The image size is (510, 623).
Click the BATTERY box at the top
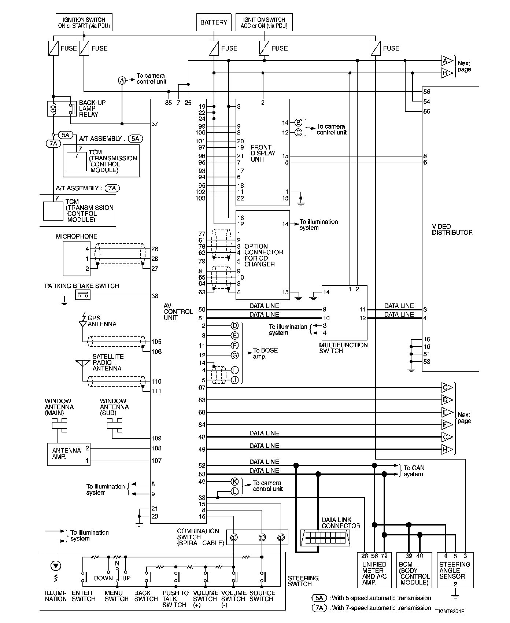214,22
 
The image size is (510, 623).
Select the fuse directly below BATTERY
214,48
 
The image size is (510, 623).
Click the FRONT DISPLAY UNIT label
263,153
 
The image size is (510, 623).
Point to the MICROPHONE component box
77,258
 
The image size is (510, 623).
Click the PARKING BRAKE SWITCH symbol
83,294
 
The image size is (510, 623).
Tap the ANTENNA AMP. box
69,454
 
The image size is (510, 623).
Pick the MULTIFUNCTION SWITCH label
343,348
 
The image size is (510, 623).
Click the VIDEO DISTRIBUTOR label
452,229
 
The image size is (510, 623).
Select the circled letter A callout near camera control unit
122,81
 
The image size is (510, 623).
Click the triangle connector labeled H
447,449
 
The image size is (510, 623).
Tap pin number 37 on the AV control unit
155,124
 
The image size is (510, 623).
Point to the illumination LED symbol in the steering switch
56,566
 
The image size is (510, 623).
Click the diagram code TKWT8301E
450,611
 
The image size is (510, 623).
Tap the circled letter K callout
235,482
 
